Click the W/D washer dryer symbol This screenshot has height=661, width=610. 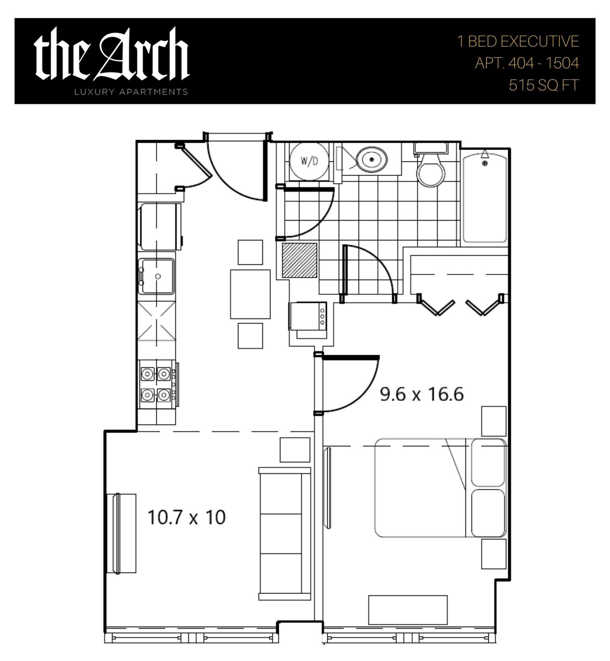coord(309,161)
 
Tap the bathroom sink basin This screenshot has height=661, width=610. coord(372,159)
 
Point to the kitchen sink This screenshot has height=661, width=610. coord(156,276)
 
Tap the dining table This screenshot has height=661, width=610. coord(250,294)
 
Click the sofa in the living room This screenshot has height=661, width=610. coord(285,534)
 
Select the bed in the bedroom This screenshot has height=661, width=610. coord(441,488)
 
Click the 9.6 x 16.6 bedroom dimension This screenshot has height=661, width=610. coord(422,394)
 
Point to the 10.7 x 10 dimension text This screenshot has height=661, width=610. coord(186,517)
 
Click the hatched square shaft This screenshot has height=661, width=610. coord(299,260)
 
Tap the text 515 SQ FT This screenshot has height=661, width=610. coord(544,85)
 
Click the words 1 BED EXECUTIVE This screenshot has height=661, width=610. coord(518,41)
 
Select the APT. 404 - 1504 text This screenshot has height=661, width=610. coord(527,63)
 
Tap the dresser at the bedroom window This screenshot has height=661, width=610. coord(408,610)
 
